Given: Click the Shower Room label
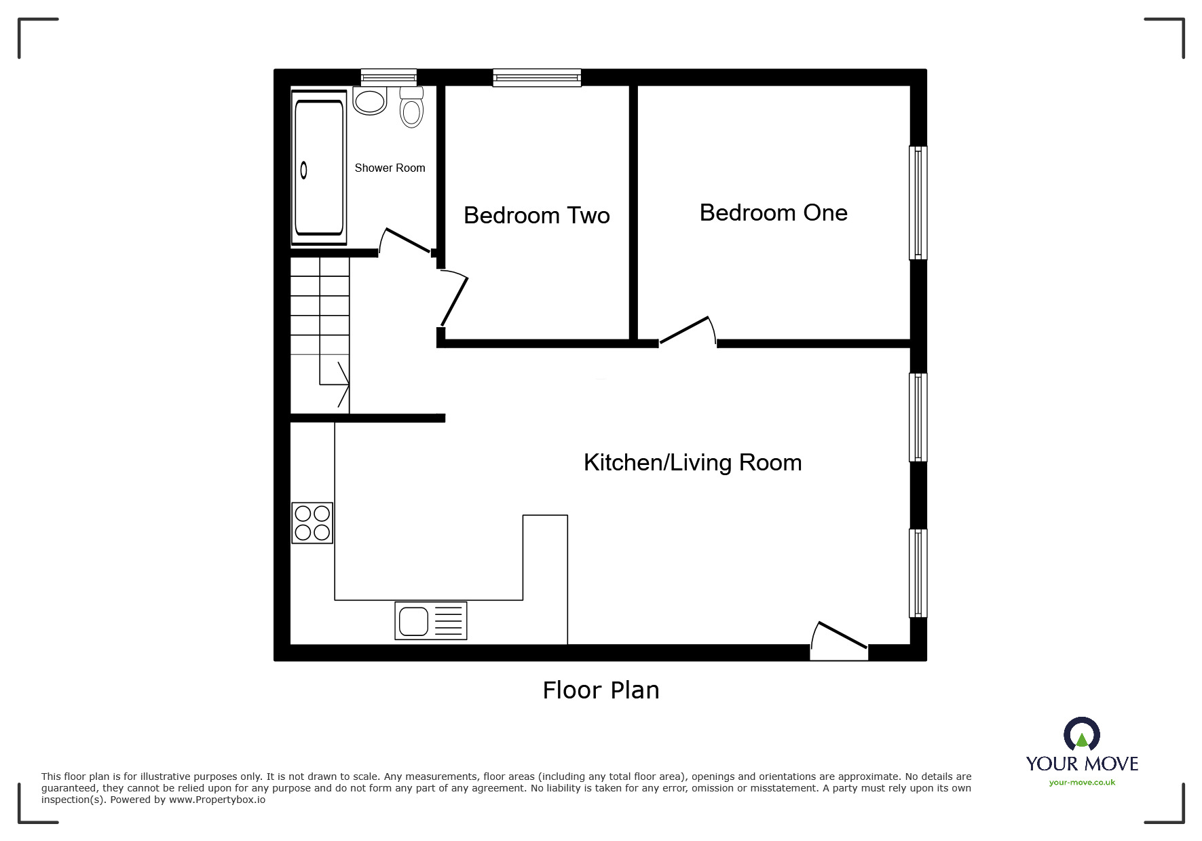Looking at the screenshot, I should point(390,168).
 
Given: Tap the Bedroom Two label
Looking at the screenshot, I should point(536,215).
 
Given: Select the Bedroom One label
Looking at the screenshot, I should point(773,212).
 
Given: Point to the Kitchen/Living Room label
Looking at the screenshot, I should point(692,462).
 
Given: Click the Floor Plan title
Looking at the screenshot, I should point(601,690).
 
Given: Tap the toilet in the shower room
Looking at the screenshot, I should point(411,108).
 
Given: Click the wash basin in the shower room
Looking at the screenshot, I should point(370,101).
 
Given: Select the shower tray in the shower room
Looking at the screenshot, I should point(318,168).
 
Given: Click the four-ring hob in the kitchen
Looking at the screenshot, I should point(312,523).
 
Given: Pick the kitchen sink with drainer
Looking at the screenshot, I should point(430,620).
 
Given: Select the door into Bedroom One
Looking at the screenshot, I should point(687,331).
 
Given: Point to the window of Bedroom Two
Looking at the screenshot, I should point(537,77).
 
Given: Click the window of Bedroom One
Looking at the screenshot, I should point(918,202).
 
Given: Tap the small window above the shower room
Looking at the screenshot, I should point(388,77).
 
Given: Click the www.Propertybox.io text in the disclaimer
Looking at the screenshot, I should point(217,800).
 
